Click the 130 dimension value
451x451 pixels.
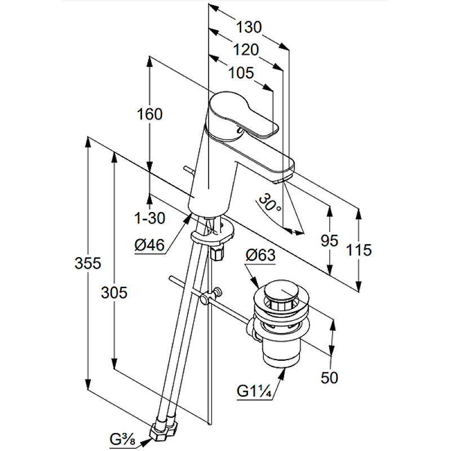[x=249, y=26]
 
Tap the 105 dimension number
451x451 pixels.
[x=241, y=73]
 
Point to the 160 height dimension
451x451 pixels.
[x=149, y=114]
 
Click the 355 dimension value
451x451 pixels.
[x=88, y=263]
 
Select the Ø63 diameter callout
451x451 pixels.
[x=260, y=255]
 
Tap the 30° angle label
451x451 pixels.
[x=270, y=203]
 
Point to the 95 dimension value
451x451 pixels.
[x=329, y=241]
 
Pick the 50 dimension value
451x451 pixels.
[x=329, y=377]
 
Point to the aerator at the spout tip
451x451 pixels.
[x=280, y=180]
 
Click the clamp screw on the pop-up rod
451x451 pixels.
[x=216, y=293]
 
